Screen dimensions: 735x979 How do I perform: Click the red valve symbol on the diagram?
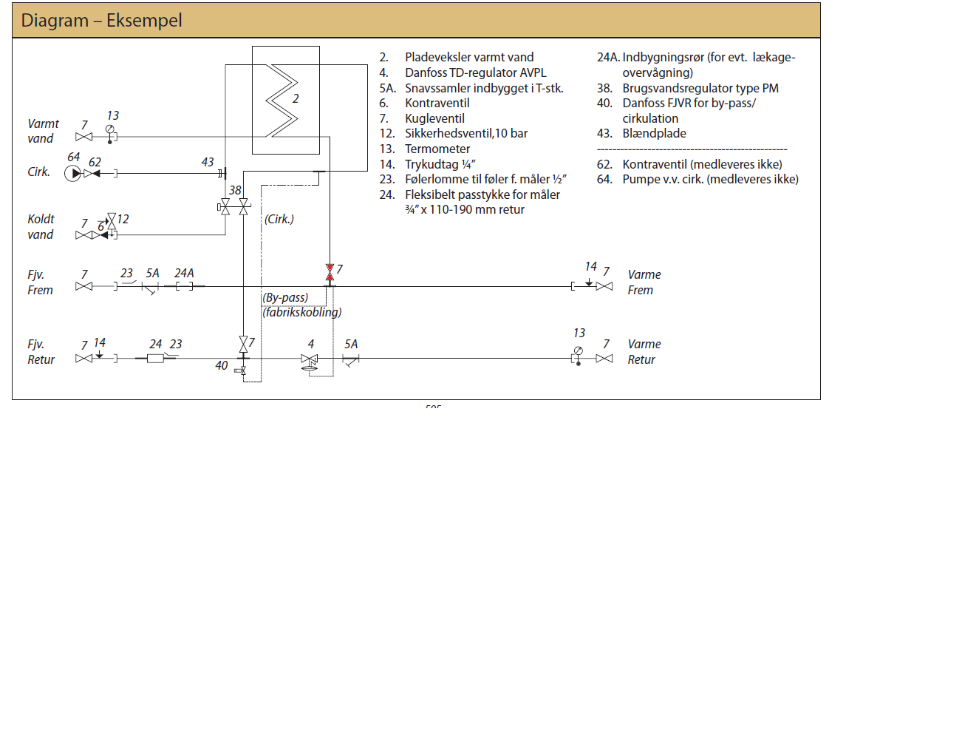[x=330, y=273]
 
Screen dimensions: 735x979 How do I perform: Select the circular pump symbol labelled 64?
[x=72, y=174]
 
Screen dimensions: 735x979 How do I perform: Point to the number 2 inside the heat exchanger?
[x=296, y=99]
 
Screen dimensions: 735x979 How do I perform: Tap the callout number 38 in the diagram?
[x=235, y=190]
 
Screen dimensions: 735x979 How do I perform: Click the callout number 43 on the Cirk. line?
[x=208, y=162]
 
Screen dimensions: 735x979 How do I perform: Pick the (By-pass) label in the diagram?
[x=285, y=297]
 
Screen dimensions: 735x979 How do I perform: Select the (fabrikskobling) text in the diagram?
[x=302, y=312]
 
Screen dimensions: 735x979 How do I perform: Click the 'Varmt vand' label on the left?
[x=43, y=131]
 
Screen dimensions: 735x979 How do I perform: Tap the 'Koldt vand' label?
[x=41, y=226]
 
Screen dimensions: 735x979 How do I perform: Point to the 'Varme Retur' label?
[x=644, y=352]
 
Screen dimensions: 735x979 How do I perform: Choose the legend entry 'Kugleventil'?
[x=434, y=118]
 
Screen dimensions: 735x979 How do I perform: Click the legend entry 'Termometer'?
[x=437, y=149]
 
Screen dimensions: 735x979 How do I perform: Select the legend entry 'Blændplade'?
[x=654, y=133]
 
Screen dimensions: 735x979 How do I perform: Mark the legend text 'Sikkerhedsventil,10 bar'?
[x=465, y=133]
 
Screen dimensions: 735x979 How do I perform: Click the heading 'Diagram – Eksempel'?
[x=101, y=20]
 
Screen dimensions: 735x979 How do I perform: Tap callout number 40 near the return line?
[x=222, y=365]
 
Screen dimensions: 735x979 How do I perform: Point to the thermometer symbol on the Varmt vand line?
[x=110, y=130]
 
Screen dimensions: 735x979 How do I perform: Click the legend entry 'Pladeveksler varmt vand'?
[x=468, y=57]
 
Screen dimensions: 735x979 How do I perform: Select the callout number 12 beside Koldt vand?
[x=123, y=219]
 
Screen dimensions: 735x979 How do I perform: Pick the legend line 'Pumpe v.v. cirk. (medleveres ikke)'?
[x=710, y=179]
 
